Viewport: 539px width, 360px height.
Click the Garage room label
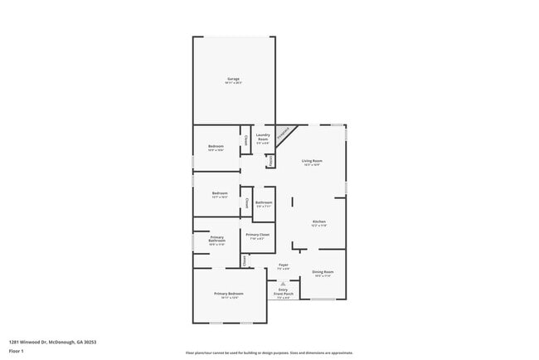click(233, 80)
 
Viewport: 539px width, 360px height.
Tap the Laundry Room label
click(263, 137)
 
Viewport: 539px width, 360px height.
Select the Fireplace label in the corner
click(284, 131)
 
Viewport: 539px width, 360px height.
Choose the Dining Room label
click(322, 274)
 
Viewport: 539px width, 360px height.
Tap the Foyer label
click(283, 266)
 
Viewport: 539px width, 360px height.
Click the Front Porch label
click(283, 292)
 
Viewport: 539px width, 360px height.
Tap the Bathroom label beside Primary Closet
click(264, 203)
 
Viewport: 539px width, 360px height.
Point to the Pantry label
click(270, 161)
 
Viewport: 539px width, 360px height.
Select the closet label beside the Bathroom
click(246, 202)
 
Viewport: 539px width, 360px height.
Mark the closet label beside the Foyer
click(245, 260)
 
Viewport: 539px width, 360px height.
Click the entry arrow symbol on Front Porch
click(283, 283)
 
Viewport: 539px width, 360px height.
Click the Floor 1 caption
click(17, 351)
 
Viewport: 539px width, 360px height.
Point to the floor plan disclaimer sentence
click(269, 353)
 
